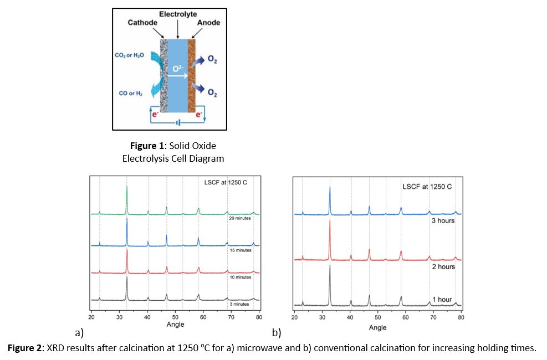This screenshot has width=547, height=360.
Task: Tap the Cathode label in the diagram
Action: point(142,23)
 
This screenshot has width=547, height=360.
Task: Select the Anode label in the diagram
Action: point(208,23)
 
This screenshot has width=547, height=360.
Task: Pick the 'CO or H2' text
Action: point(131,94)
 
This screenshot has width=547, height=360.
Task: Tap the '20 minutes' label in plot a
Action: point(240,218)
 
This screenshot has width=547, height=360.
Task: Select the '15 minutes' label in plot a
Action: point(240,250)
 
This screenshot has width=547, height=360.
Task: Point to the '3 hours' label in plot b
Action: point(443,220)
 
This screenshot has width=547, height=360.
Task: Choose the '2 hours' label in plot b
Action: point(443,266)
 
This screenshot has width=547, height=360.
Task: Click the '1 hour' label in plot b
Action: point(442,300)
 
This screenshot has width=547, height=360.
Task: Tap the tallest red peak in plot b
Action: point(330,222)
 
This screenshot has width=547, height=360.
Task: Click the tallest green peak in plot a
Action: point(127,187)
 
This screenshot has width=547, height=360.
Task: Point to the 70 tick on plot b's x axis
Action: point(433,317)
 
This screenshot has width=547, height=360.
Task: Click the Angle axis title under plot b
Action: point(377,328)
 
